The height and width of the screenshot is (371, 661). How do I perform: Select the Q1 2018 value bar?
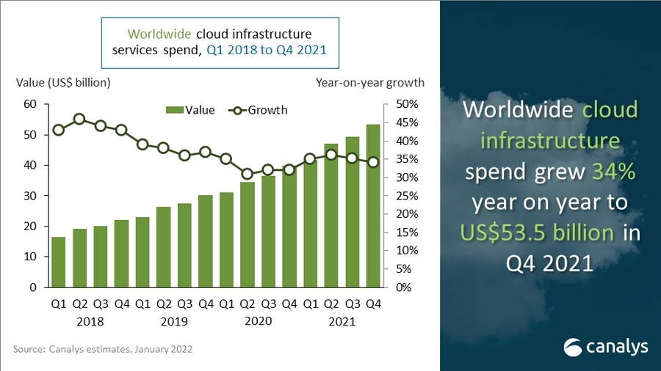58,262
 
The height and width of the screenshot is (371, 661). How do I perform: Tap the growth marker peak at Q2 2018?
79,119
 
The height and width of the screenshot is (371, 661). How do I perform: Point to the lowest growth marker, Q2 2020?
247,174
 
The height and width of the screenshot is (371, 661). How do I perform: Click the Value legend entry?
192,110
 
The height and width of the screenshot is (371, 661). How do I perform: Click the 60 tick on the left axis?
29,104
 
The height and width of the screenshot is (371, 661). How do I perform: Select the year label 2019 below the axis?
174,321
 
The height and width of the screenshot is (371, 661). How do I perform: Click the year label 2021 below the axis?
342,321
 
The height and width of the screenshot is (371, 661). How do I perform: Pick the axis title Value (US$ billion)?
63,82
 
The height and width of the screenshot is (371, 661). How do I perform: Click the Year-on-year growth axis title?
370,82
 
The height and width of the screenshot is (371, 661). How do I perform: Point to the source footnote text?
103,350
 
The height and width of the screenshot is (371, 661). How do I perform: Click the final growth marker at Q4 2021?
373,162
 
